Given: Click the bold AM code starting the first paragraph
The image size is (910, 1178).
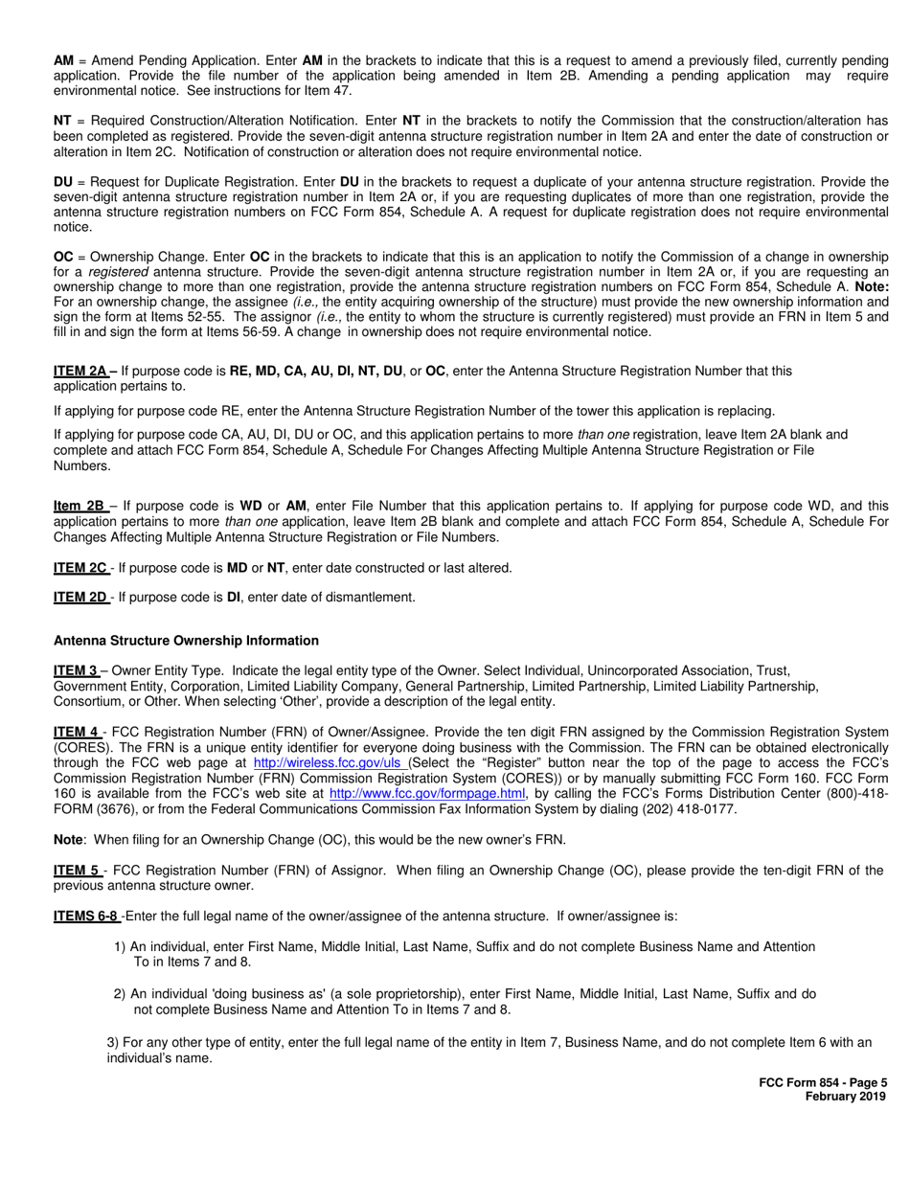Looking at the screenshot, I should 63,60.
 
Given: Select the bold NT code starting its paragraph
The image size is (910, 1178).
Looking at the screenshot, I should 62,121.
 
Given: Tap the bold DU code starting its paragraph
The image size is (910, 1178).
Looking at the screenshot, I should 63,182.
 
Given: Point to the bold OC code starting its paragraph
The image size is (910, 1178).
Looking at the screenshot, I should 63,258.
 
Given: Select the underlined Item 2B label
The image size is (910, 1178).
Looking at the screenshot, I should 80,506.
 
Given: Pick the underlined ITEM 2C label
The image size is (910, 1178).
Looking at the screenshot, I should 80,568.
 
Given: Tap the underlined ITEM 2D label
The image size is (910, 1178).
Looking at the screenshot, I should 80,598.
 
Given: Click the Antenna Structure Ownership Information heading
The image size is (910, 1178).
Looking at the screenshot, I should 186,641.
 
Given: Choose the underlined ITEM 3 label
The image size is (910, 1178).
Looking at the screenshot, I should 76,671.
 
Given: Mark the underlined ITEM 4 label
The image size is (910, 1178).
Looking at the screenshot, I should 77,733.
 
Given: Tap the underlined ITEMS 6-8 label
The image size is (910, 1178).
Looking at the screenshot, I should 86,917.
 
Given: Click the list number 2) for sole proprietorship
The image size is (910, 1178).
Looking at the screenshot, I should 120,994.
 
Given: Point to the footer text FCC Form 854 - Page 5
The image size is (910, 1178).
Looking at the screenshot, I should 823,1083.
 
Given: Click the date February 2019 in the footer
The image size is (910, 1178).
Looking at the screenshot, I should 846,1097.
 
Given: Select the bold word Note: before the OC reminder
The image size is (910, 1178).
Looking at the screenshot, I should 872,286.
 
